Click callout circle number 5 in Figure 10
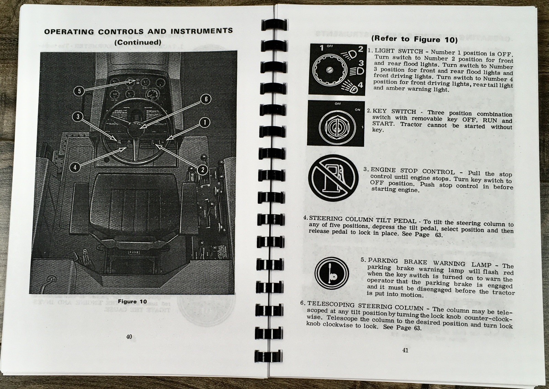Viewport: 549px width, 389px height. [79, 91]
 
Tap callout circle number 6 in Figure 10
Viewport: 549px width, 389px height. [206, 99]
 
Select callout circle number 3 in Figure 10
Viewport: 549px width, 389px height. [78, 117]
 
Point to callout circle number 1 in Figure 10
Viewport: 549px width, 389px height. [205, 122]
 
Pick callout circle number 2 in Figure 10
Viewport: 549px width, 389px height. [202, 169]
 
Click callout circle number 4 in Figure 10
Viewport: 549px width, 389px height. [75, 167]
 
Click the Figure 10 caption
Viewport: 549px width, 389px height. [132, 302]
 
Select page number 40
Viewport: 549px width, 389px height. [129, 337]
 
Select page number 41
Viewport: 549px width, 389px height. [405, 350]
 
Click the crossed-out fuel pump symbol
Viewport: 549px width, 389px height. [331, 177]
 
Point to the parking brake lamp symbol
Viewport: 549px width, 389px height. [331, 273]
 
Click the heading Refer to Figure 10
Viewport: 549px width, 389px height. [414, 39]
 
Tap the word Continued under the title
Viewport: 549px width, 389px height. [138, 43]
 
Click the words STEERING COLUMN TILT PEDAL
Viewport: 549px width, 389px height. [362, 220]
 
